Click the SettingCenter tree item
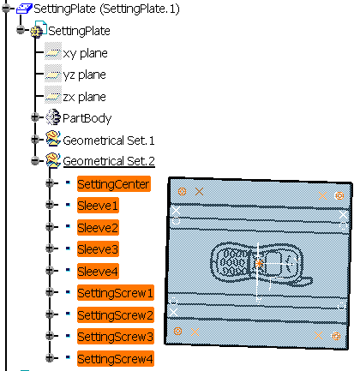tap(114, 184)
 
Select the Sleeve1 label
tap(98, 206)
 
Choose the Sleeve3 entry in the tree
tap(98, 249)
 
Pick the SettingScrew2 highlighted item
tap(116, 315)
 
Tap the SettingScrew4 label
tap(116, 359)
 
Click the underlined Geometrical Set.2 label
tap(109, 161)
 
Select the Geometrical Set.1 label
tap(109, 141)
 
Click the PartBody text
tap(87, 118)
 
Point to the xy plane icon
tap(53, 53)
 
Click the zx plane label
tap(84, 97)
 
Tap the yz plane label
tap(84, 75)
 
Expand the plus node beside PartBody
tap(35, 117)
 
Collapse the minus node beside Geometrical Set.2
tap(35, 160)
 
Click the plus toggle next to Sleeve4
tap(50, 270)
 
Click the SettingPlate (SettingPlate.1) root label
tap(106, 9)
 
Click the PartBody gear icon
tap(53, 117)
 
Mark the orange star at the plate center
tap(259, 263)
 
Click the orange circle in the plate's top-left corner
tap(182, 191)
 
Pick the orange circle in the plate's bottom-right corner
tap(336, 336)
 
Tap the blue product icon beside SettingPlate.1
tap(24, 9)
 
